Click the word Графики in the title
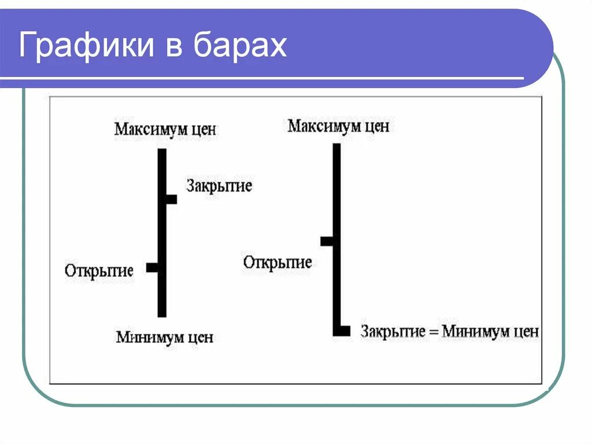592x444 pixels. click(86, 45)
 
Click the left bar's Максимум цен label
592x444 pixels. click(165, 129)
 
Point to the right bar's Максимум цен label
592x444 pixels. click(338, 126)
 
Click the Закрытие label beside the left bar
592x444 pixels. click(219, 186)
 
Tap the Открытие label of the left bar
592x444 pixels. click(99, 270)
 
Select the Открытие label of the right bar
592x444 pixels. click(277, 262)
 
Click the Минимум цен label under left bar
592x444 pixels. click(165, 337)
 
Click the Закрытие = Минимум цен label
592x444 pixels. click(450, 332)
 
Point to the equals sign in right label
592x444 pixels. click(432, 332)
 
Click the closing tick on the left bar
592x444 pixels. click(171, 199)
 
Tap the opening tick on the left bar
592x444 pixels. click(153, 267)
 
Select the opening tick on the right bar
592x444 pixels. click(327, 241)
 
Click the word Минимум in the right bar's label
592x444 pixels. click(475, 332)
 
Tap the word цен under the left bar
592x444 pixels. click(200, 337)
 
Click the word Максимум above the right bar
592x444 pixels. click(324, 126)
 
